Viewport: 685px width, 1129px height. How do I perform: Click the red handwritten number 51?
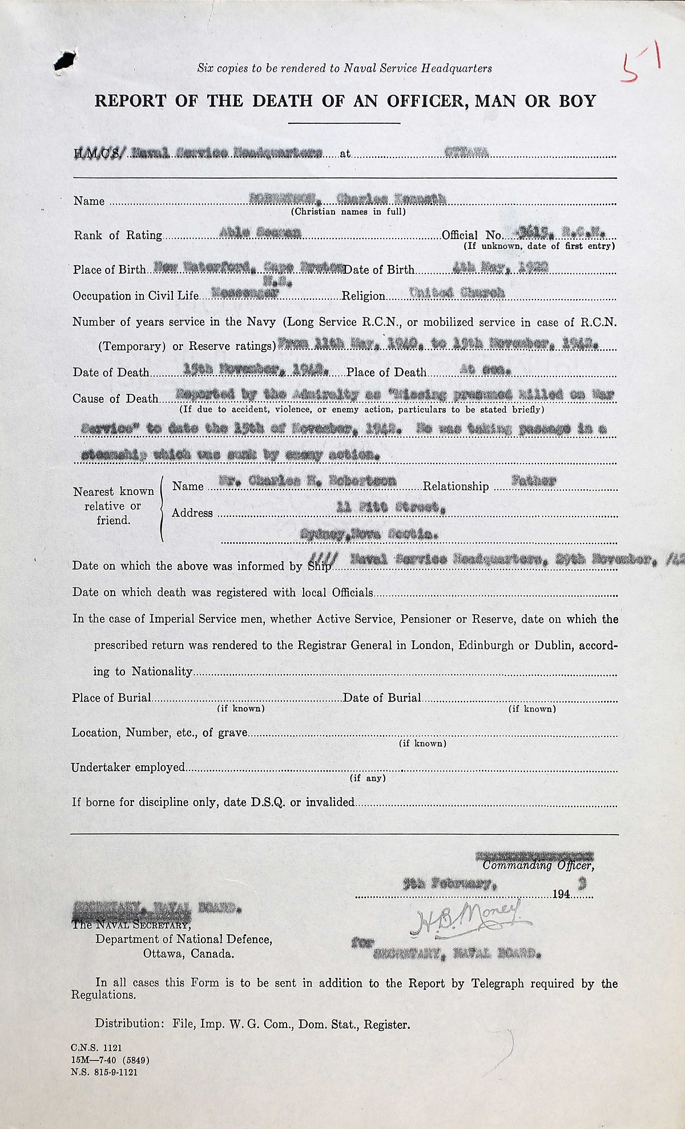point(641,66)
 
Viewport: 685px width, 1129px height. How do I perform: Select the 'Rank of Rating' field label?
point(118,235)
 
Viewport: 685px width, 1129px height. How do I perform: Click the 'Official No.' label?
point(472,235)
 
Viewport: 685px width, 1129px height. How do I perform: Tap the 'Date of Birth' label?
point(379,269)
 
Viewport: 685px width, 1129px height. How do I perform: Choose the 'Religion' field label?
point(363,296)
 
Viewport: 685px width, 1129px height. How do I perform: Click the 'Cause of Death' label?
point(115,398)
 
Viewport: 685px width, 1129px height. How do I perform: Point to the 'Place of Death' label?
point(386,372)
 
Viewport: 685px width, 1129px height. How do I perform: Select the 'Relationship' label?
point(456,486)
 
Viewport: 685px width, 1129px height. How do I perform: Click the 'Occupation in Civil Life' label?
point(135,296)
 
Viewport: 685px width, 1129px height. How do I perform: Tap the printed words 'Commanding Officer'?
point(538,865)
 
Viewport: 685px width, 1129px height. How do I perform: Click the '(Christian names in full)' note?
point(348,212)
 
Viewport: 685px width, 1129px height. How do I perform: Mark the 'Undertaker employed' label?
point(128,768)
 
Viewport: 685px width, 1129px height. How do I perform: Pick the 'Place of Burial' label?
point(111,697)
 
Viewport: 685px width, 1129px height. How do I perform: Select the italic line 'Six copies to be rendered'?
point(344,68)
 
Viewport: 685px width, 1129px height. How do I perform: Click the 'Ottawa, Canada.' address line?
point(188,954)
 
